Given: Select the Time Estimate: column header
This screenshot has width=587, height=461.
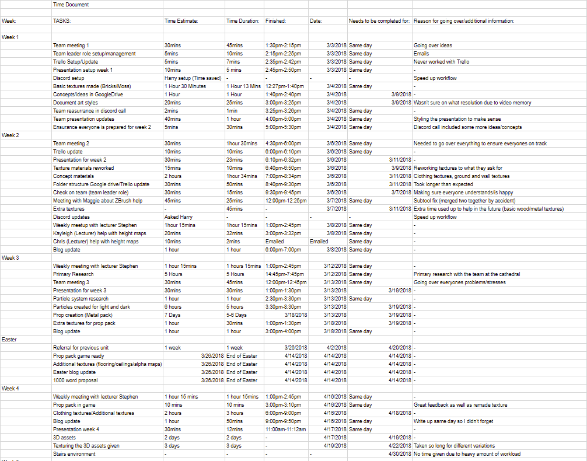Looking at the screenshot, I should (x=181, y=21).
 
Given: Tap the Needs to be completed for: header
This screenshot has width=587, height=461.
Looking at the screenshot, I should (x=379, y=21).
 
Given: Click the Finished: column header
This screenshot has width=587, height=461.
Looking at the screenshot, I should (x=276, y=21).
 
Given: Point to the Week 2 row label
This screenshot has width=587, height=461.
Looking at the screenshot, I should (x=11, y=135).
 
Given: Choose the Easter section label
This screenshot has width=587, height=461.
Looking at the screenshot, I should (x=10, y=340).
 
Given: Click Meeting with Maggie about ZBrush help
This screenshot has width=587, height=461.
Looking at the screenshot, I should (x=99, y=201).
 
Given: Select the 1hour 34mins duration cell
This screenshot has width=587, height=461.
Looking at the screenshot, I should (x=242, y=176).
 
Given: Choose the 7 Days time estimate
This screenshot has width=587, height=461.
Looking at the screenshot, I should (x=173, y=315).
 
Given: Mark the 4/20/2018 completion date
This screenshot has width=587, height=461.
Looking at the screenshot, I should (x=400, y=348).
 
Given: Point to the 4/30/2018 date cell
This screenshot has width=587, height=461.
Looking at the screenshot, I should (x=400, y=454).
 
